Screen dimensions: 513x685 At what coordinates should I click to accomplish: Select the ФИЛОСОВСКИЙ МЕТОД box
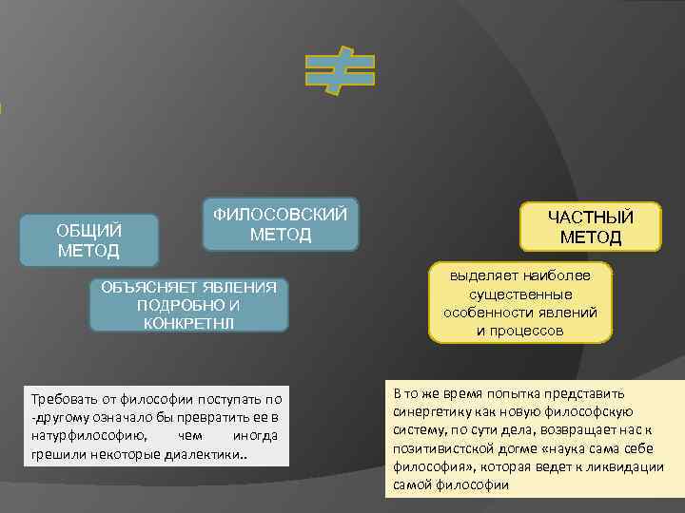click(281, 224)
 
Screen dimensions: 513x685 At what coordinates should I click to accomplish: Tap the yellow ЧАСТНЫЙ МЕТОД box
click(590, 227)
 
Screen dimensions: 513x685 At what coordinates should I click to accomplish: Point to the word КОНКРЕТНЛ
click(187, 322)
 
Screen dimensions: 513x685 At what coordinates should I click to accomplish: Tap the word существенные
click(519, 294)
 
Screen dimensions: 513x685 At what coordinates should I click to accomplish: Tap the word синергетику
click(430, 412)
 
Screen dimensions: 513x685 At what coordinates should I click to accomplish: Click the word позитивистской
click(440, 448)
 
